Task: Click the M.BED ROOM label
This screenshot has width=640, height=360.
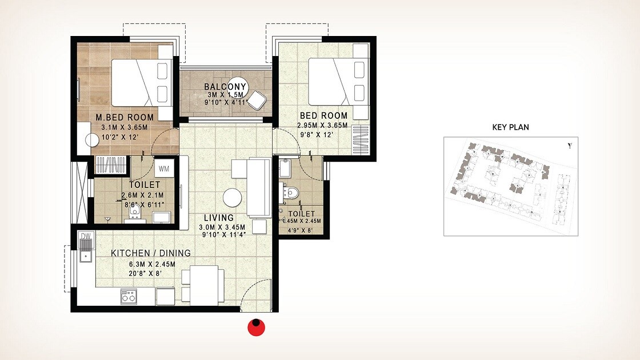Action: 125,118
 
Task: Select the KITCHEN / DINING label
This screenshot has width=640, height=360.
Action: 151,253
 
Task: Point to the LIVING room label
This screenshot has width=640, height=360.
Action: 218,218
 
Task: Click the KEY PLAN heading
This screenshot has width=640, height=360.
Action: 510,127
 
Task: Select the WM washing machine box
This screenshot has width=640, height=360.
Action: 163,169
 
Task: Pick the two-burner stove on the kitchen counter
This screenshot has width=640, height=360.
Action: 128,296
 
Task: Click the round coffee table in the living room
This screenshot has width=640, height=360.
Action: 233,198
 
